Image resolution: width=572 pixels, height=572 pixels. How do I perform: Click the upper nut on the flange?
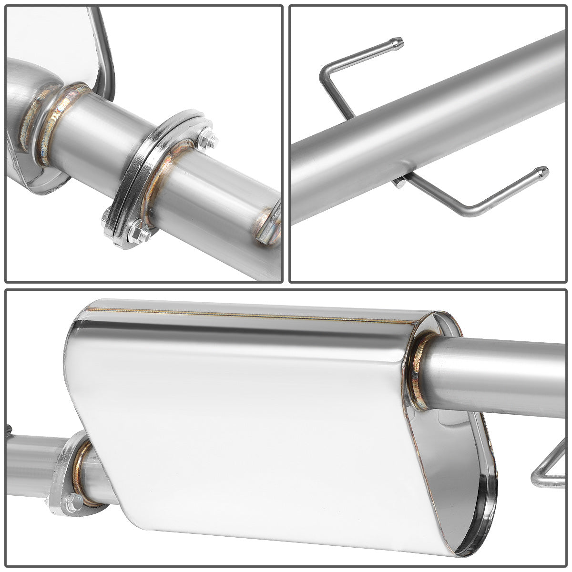(x=209, y=141)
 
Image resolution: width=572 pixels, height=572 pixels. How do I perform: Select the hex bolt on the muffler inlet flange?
(x=72, y=501)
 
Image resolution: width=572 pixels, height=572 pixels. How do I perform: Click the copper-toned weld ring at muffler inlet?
(x=82, y=472)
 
